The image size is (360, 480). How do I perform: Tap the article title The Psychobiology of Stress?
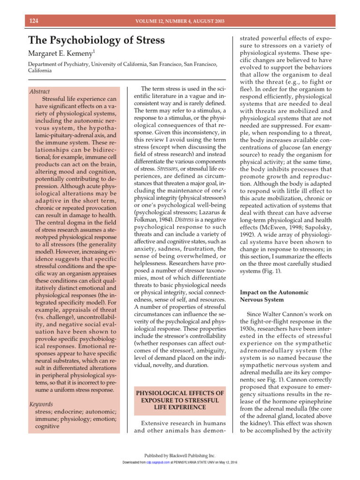click(96, 40)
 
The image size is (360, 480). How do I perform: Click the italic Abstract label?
click(39, 91)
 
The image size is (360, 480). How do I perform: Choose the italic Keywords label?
click(41, 404)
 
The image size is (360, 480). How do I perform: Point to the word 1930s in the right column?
click(251, 330)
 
